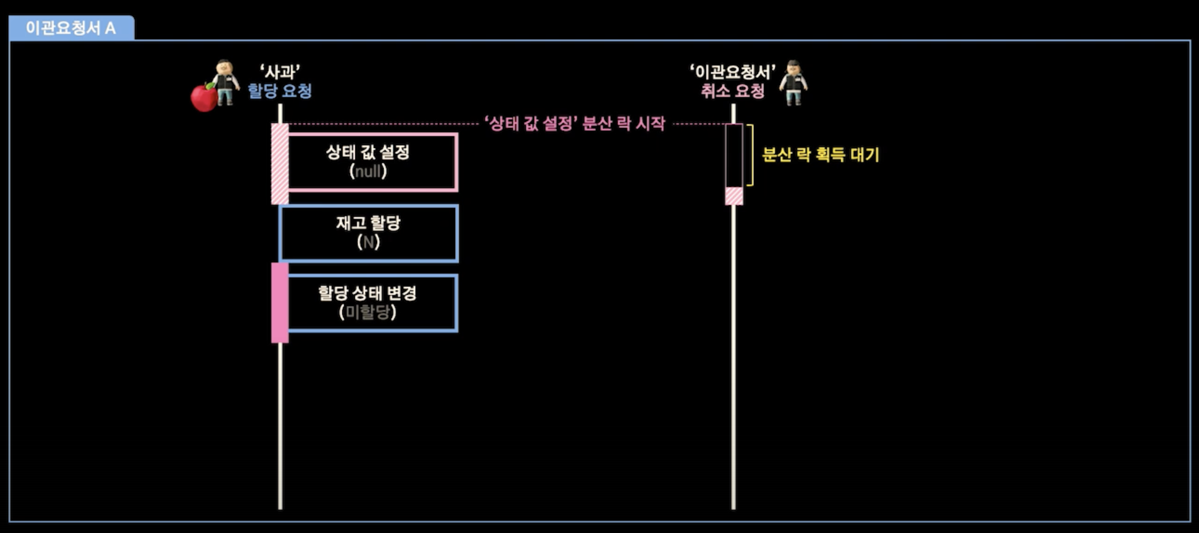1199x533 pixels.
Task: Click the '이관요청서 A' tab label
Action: (x=71, y=28)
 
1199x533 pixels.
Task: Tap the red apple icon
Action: (x=204, y=97)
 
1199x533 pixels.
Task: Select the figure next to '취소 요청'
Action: (x=793, y=82)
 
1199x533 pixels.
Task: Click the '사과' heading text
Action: (x=280, y=72)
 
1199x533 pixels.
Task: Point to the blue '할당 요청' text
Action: (x=280, y=91)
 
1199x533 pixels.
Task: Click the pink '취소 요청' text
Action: (x=733, y=91)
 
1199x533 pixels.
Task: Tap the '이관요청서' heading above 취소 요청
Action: (x=733, y=72)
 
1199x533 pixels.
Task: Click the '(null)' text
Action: (x=368, y=172)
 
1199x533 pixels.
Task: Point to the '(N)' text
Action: (x=368, y=242)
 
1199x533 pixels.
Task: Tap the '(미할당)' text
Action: (x=368, y=312)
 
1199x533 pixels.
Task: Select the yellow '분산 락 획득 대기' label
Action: (x=821, y=154)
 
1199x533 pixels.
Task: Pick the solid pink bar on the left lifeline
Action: (x=280, y=302)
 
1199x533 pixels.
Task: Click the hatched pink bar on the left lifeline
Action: (x=280, y=164)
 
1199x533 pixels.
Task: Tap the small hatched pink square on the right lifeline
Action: (x=734, y=196)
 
